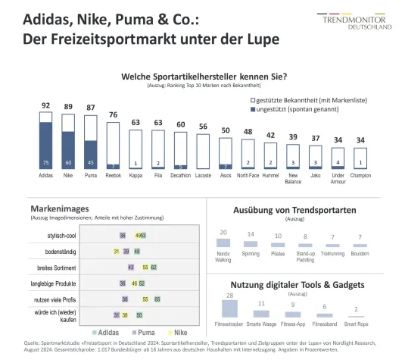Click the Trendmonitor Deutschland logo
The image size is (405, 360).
pyautogui.click(x=363, y=20)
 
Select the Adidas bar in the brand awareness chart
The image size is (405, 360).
pyautogui.click(x=46, y=140)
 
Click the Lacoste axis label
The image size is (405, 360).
pyautogui.click(x=203, y=174)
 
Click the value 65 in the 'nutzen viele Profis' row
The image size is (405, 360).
pyautogui.click(x=157, y=299)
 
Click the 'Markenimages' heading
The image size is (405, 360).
pyautogui.click(x=60, y=208)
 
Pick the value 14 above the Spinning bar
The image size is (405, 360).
pyautogui.click(x=251, y=234)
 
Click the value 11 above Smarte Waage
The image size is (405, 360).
pyautogui.click(x=260, y=303)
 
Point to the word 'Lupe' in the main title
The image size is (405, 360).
pyautogui.click(x=248, y=36)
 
